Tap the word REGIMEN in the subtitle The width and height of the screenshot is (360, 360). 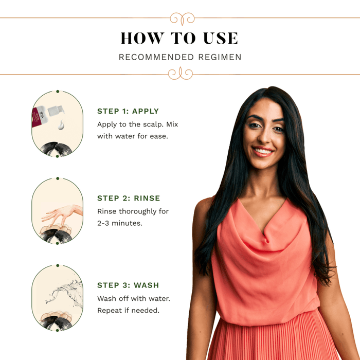tap(220, 57)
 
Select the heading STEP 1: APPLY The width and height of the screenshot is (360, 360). tap(128, 111)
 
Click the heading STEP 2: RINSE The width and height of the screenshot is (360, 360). tap(129, 198)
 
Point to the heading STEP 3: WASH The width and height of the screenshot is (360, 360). tap(128, 285)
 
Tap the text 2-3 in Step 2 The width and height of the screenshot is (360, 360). tap(103, 223)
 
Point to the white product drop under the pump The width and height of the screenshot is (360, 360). tap(61, 124)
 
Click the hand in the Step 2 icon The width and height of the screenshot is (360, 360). tap(62, 212)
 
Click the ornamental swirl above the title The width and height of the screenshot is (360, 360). tap(182, 19)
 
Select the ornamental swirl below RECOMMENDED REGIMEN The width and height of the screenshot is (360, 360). tap(181, 74)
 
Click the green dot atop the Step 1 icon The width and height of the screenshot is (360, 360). tap(58, 92)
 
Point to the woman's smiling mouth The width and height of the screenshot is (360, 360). tap(263, 152)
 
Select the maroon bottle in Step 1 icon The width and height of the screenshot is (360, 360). tap(39, 117)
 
